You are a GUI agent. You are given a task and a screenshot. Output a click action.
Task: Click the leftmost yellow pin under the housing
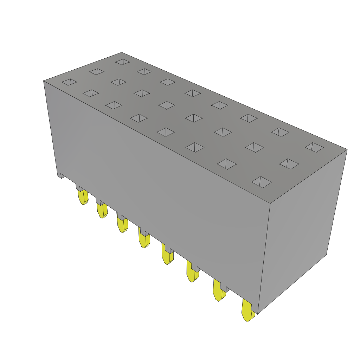coord(83,197)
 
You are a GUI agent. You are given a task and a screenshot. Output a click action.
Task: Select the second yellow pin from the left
coord(102,210)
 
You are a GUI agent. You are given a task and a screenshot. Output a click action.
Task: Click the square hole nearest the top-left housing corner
coord(69,82)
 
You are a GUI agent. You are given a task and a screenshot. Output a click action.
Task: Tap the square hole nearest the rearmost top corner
coord(123,62)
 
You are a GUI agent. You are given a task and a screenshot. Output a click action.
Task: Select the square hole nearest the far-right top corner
coord(314,147)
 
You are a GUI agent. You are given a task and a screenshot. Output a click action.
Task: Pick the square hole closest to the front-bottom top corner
coord(262,182)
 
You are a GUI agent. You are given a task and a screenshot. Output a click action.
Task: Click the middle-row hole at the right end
coord(289,164)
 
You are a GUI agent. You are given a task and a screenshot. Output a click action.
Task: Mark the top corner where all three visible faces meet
coord(270,204)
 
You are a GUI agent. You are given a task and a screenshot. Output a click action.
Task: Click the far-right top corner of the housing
coord(347,150)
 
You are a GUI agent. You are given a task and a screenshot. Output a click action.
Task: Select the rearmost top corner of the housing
coord(122,53)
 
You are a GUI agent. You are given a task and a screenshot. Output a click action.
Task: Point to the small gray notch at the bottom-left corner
coord(61,175)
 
